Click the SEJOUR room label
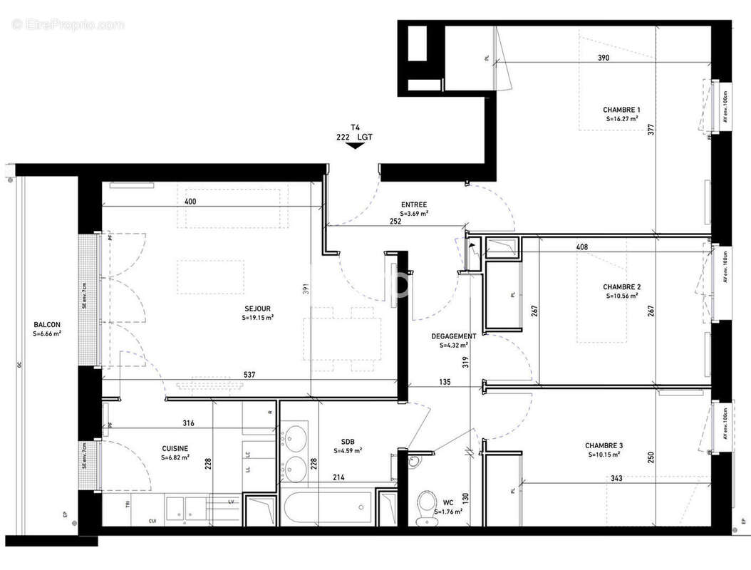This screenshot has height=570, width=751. (x=255, y=309)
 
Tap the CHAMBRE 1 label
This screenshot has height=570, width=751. (x=621, y=110)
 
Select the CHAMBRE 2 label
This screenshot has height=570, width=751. (x=621, y=287)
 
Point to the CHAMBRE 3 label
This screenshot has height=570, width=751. (x=604, y=445)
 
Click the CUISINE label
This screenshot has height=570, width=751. (x=175, y=448)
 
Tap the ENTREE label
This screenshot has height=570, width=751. (x=413, y=204)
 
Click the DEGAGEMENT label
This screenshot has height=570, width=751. (x=454, y=336)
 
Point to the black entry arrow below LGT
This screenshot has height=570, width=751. (x=354, y=145)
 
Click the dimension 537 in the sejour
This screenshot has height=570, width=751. (x=249, y=375)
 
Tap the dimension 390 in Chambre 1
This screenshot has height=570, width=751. (x=604, y=58)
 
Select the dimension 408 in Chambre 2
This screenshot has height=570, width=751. (x=582, y=248)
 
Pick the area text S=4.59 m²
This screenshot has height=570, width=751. (x=348, y=450)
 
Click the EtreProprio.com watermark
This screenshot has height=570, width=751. (x=68, y=25)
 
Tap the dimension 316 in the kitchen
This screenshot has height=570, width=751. (x=188, y=423)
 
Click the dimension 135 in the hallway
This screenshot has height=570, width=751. (x=445, y=383)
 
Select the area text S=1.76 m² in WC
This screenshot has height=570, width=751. (x=449, y=511)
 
